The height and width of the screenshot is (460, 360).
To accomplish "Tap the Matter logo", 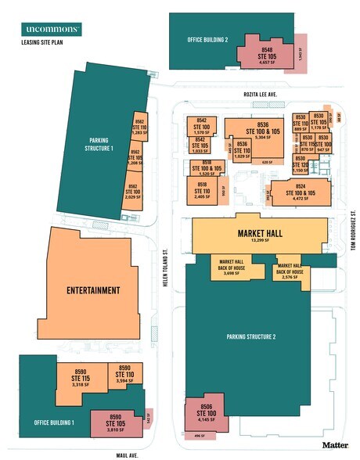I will coord(334,444).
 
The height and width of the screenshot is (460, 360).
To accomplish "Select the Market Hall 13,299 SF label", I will coord(259,235).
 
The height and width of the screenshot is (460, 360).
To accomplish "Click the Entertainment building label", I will coord(93,290).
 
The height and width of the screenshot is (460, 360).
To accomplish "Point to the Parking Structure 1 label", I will coord(99,145).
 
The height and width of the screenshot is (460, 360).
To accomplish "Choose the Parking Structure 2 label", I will coord(252,337).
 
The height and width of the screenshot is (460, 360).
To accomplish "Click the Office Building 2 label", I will coord(207,39).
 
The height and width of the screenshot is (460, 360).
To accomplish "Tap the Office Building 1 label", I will coord(54,422).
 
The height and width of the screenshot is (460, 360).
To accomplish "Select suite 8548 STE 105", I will coord(266,52).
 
